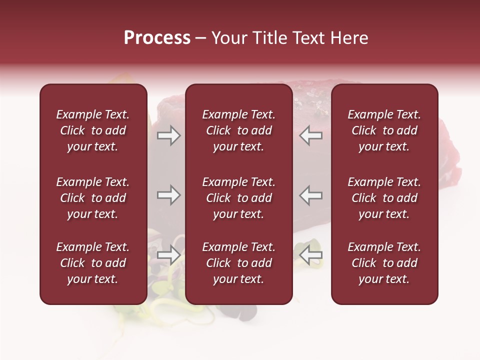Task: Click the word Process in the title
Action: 157,38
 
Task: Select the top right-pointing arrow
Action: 169,135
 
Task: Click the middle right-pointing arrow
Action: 169,195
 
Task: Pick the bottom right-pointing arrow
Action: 169,255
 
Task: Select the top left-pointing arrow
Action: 310,135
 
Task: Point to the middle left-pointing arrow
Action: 310,195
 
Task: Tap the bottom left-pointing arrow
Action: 310,255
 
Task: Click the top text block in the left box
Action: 93,130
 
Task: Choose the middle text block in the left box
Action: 93,198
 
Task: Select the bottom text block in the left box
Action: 93,263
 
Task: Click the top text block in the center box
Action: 239,130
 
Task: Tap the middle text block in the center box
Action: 239,198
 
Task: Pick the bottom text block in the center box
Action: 239,263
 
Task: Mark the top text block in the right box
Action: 384,130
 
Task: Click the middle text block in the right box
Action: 384,198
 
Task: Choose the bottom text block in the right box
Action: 384,263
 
